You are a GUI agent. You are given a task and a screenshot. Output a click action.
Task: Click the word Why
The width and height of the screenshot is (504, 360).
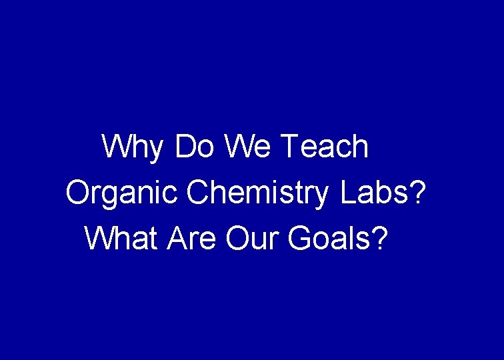(132, 147)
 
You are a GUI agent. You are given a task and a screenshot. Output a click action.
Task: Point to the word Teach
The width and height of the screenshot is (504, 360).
(325, 147)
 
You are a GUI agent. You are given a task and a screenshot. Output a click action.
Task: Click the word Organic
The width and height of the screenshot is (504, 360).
(122, 193)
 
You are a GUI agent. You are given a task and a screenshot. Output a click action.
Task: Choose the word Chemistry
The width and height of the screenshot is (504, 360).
(258, 193)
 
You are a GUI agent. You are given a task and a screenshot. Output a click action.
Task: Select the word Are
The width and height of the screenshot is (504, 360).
(194, 239)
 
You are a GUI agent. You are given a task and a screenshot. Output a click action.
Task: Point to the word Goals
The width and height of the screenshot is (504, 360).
(329, 239)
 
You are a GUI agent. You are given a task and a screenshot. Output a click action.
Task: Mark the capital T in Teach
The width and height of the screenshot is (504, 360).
(291, 147)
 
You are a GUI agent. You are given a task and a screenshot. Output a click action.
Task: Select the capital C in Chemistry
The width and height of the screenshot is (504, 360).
(198, 193)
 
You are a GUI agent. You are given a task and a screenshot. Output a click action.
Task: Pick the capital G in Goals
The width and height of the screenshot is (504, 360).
(299, 239)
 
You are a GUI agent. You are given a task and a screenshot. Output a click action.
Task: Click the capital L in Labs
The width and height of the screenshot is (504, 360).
(347, 193)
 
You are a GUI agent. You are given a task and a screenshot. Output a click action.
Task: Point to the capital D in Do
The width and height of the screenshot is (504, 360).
(184, 147)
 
